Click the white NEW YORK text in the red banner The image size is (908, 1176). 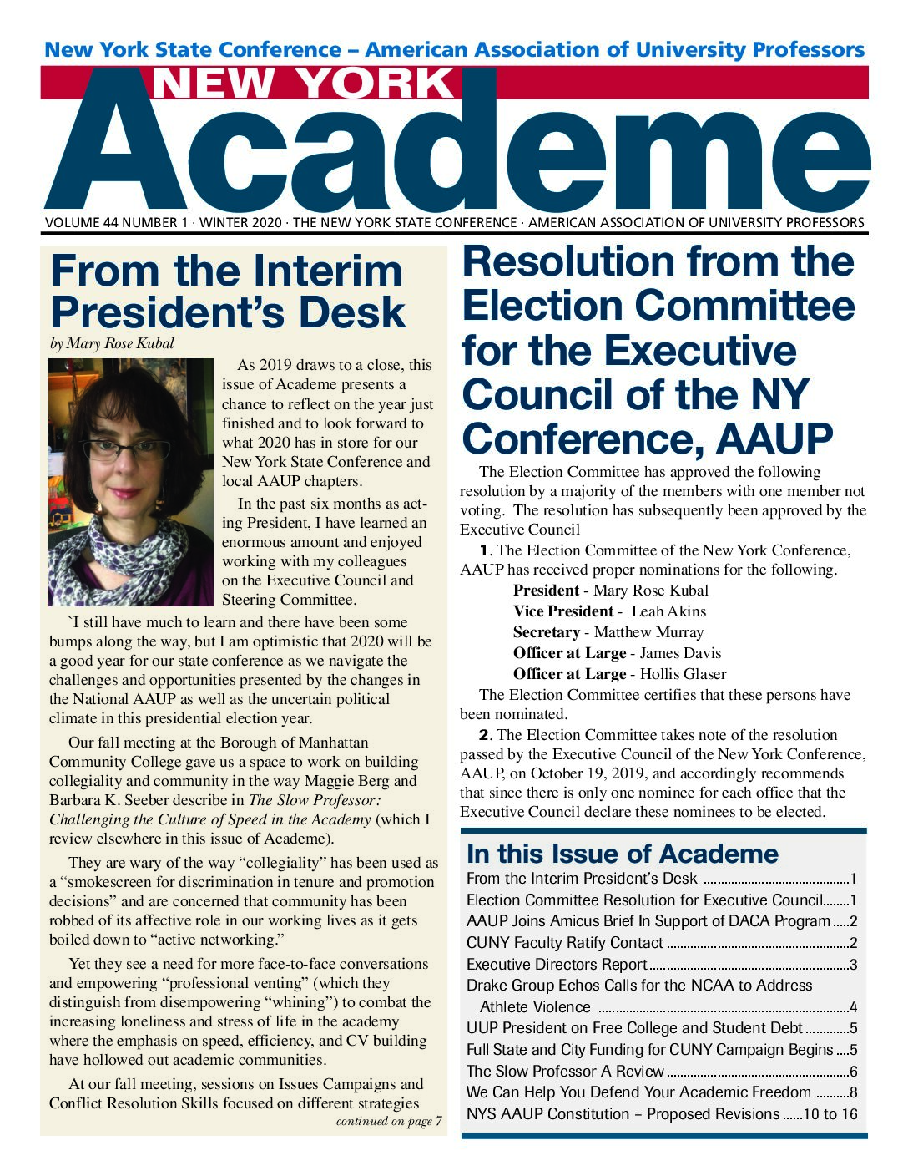click(303, 84)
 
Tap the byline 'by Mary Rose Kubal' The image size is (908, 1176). click(112, 344)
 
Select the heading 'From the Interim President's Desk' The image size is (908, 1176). click(228, 291)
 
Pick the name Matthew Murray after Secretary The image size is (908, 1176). click(648, 632)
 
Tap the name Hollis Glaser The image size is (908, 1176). click(683, 674)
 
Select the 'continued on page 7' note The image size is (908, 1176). click(389, 1121)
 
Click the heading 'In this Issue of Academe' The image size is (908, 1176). click(623, 854)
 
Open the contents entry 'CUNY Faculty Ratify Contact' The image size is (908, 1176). click(565, 943)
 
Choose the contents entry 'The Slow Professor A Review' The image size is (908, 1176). click(565, 1071)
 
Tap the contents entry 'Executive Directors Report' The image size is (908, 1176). click(557, 965)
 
